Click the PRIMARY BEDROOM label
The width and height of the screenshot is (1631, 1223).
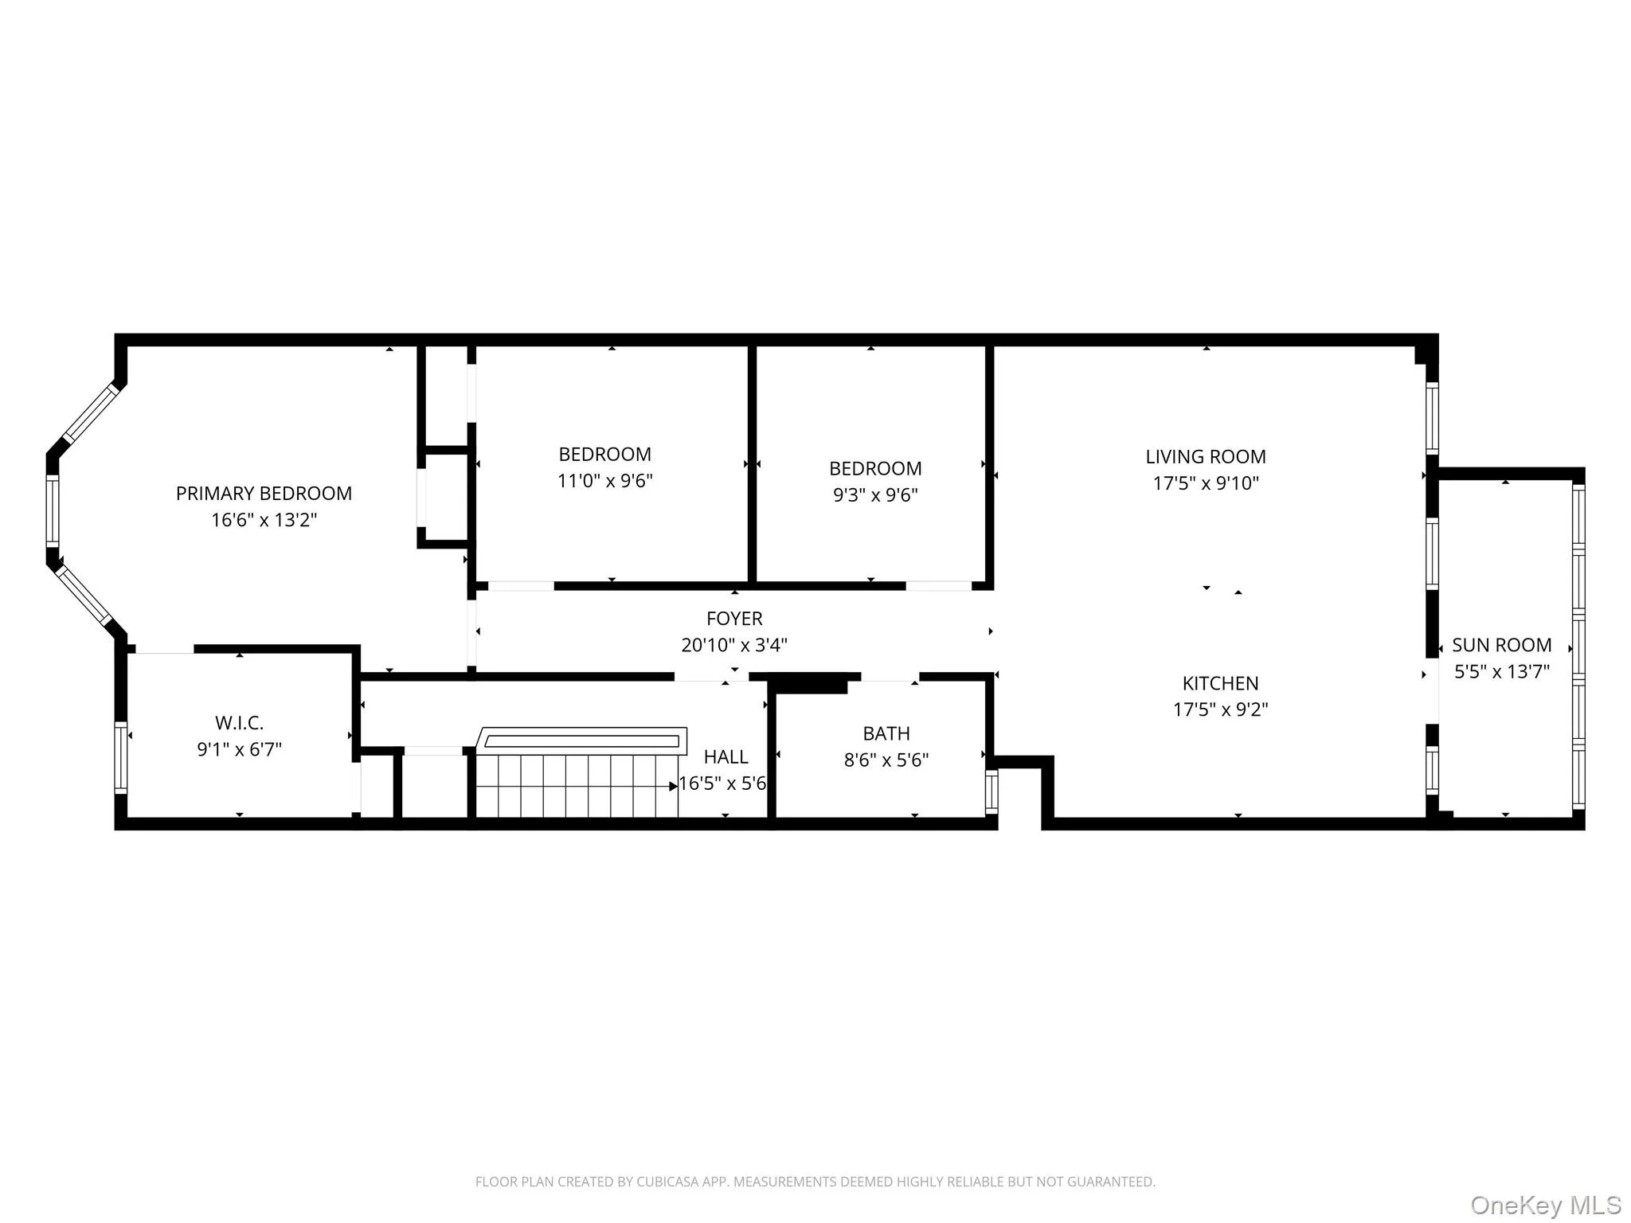264,494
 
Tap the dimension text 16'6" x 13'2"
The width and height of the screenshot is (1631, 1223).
264,520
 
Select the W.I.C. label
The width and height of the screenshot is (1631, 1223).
239,723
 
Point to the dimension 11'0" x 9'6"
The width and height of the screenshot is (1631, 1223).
604,481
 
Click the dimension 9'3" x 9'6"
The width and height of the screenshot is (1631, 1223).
875,495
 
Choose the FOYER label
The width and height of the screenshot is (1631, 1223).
734,619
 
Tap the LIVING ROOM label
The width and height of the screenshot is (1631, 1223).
1205,457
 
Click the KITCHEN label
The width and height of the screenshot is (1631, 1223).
1220,683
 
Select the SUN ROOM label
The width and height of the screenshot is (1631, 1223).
1501,645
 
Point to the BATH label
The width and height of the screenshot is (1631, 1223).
886,733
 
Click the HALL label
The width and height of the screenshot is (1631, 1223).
726,756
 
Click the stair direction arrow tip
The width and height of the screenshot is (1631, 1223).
675,787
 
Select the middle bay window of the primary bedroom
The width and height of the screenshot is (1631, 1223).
53,510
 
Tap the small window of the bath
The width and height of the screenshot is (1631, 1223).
992,791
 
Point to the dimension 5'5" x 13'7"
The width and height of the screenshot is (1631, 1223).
1501,672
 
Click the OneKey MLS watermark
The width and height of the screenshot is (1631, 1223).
1545,1205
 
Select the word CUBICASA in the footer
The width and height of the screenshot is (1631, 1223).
667,1182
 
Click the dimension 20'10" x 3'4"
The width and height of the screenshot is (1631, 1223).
734,645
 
